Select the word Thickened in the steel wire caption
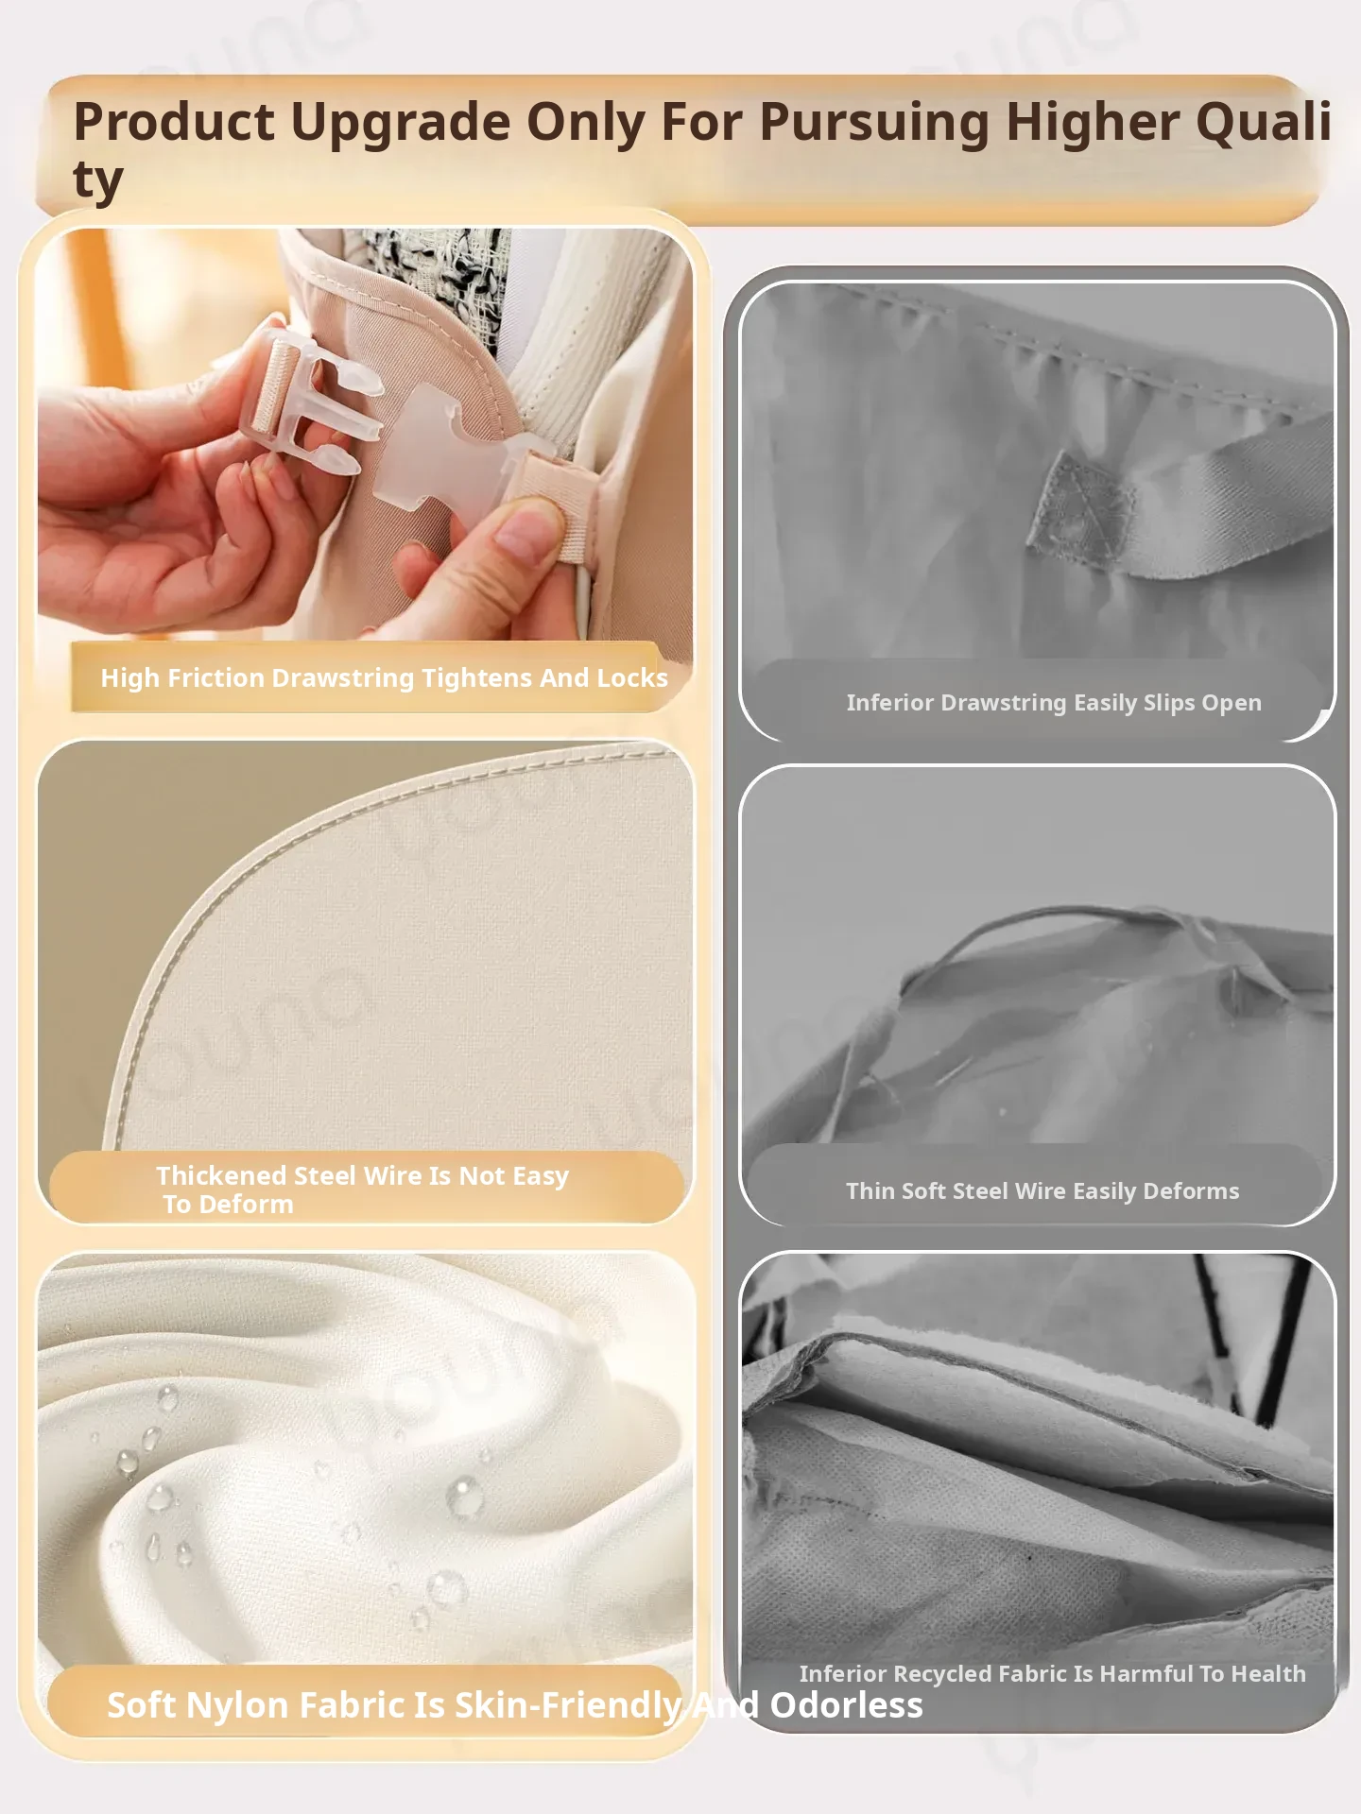coord(221,1175)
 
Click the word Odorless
coord(846,1705)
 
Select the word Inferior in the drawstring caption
coord(889,703)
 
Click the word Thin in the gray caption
coord(870,1191)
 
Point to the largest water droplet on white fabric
coord(464,1496)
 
